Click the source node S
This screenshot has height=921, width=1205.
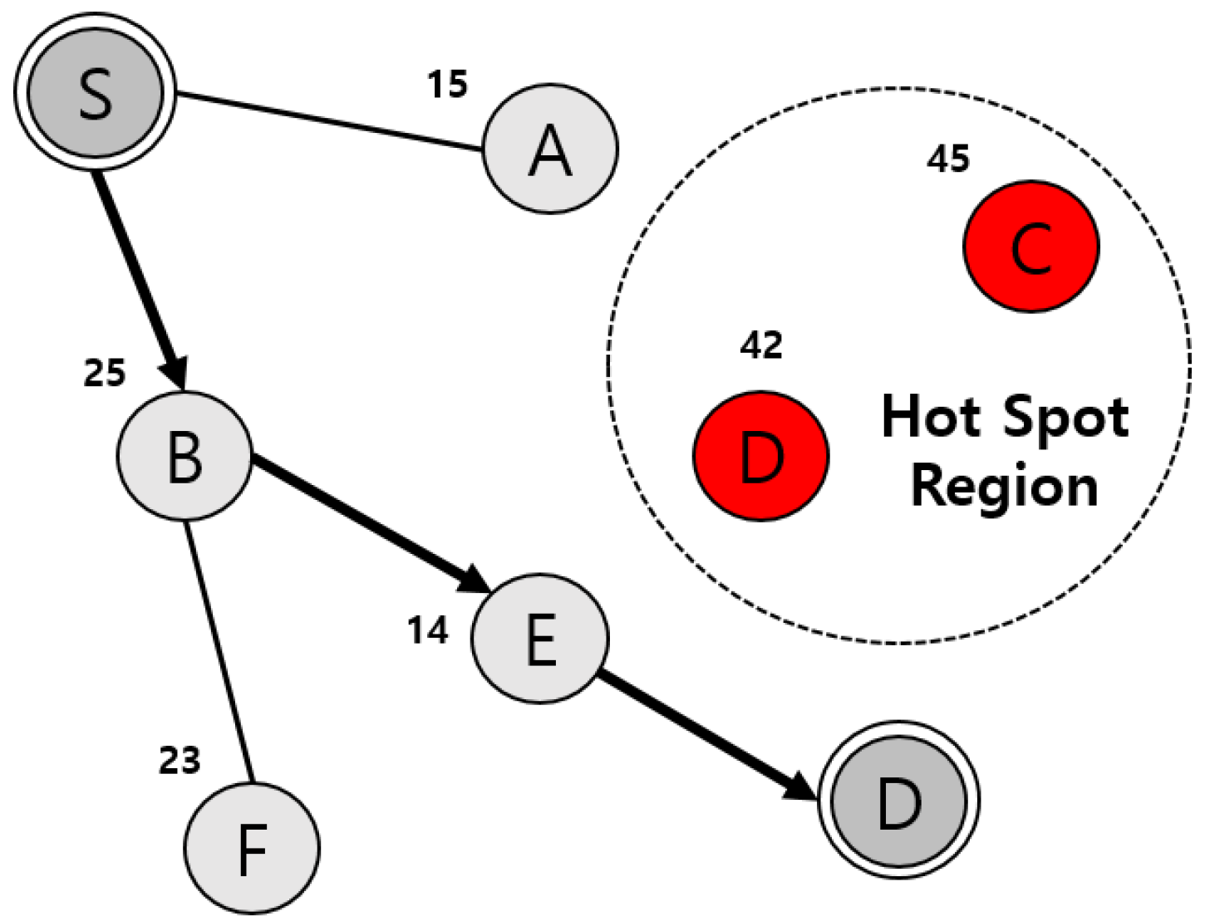[95, 92]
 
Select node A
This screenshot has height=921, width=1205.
[550, 149]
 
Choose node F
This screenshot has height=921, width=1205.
[252, 848]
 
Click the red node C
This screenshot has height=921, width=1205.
[1031, 247]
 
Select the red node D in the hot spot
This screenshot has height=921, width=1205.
[761, 456]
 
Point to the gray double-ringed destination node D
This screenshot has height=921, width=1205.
[899, 801]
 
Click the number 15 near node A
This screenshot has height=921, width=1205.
[448, 84]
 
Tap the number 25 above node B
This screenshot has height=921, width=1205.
[105, 373]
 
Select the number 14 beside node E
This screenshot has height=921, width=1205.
[428, 631]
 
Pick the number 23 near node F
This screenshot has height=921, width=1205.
[180, 761]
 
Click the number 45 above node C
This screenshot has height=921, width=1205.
[948, 159]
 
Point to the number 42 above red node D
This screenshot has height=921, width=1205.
[761, 345]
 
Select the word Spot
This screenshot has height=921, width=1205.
[1067, 418]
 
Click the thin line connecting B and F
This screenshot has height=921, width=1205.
[218, 652]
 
